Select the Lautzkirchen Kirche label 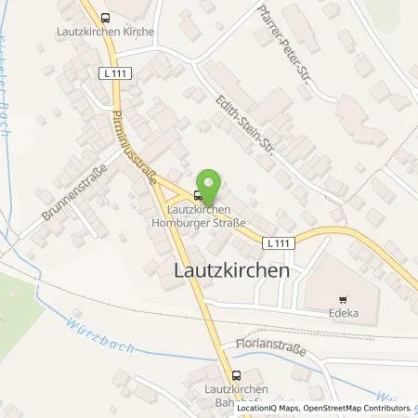pos(104,31)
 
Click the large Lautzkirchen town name pos(230,268)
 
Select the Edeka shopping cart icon pos(343,299)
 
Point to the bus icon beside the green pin pos(197,196)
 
